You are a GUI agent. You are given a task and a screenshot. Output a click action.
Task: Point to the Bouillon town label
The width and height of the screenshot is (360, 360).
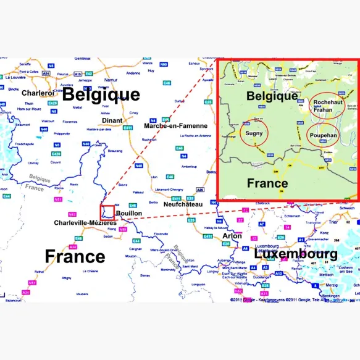click(x=129, y=213)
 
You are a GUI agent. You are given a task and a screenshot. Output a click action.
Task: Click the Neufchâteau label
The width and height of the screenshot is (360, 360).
click(x=183, y=204)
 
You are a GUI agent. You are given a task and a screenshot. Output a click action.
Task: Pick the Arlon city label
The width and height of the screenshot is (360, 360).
click(x=232, y=235)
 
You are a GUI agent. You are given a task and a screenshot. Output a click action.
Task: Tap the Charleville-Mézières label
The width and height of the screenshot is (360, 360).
click(x=85, y=222)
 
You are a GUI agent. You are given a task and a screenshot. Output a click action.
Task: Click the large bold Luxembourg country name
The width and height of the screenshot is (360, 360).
click(x=296, y=253)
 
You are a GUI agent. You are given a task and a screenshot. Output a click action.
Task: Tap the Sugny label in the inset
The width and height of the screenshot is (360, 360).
click(x=254, y=132)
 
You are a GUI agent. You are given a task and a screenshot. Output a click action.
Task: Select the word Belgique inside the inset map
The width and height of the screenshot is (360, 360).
click(x=272, y=96)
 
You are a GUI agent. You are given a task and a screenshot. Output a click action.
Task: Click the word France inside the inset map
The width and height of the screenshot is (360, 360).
click(x=267, y=183)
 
